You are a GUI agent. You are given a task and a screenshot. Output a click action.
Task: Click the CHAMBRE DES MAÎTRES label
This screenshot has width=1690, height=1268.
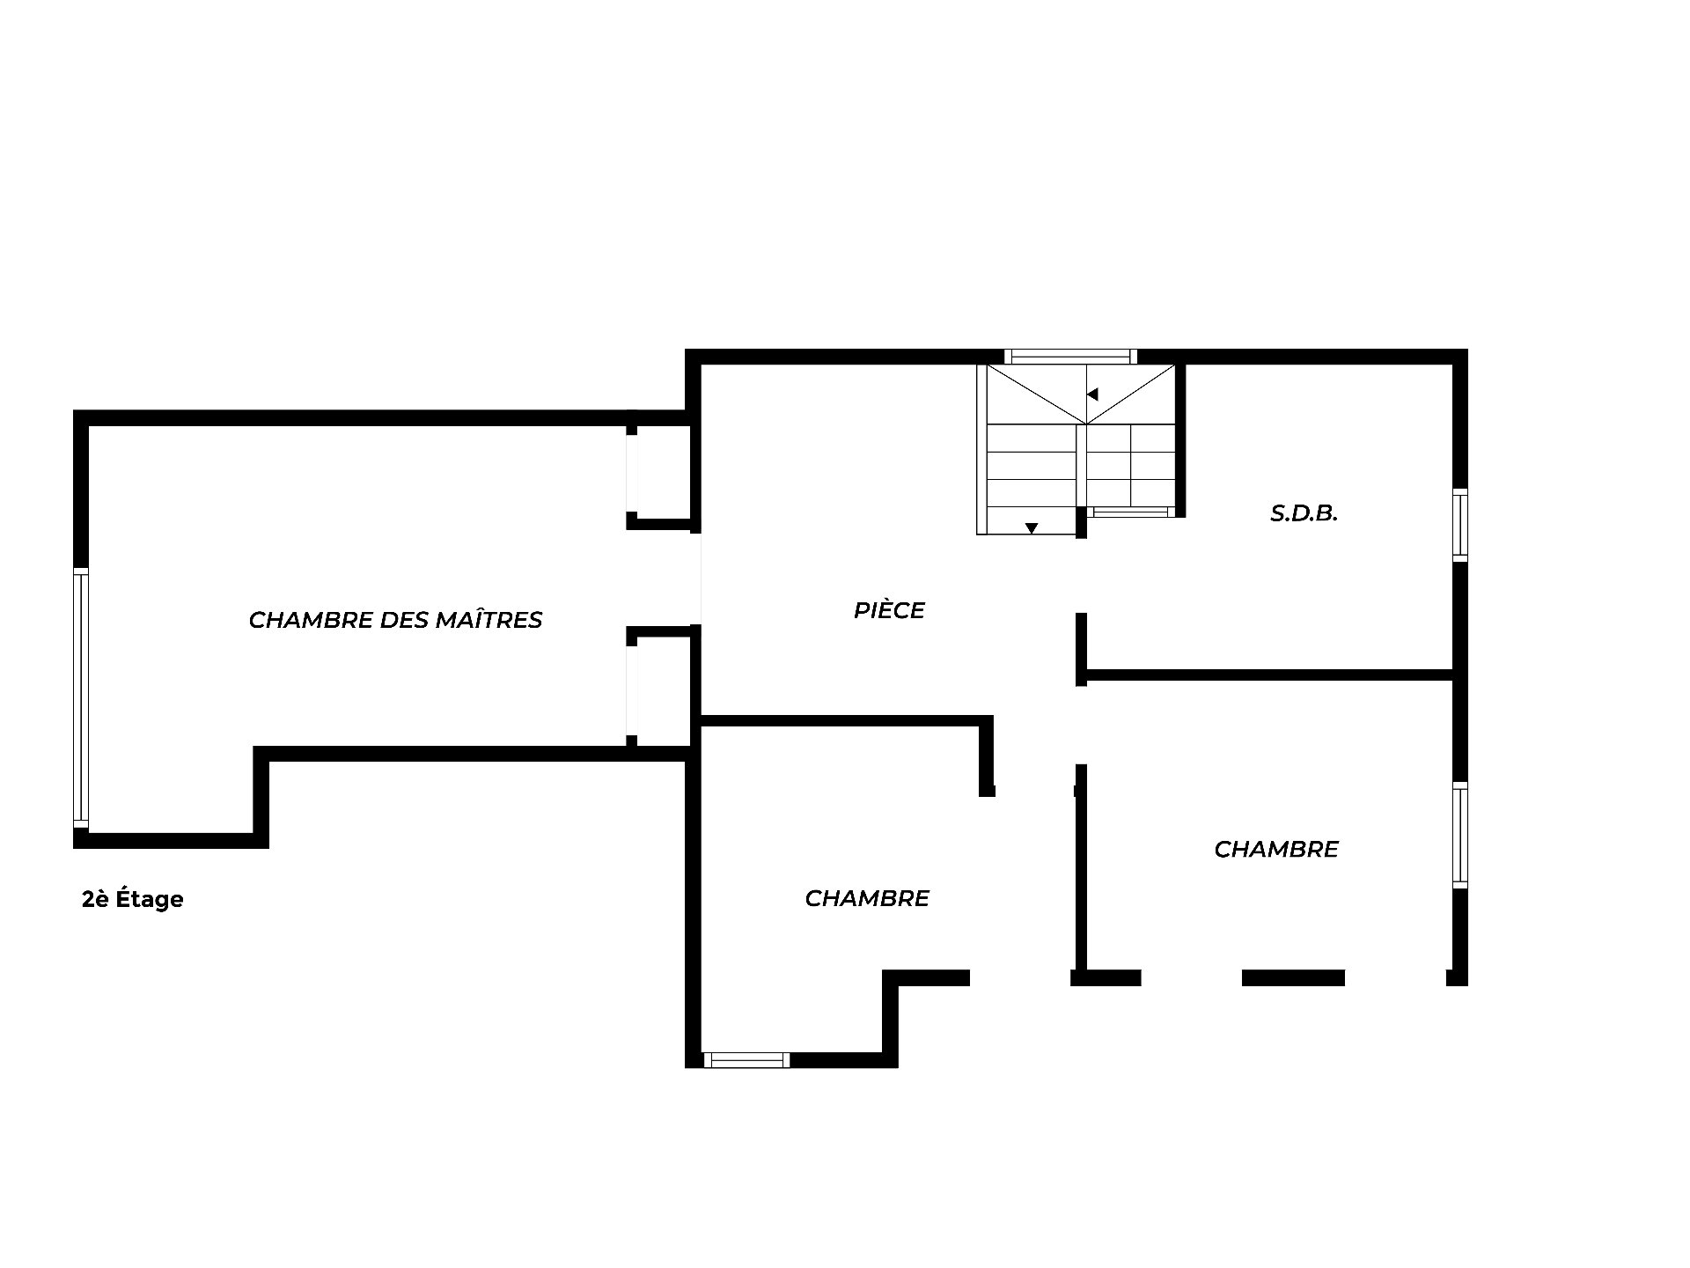pyautogui.click(x=395, y=620)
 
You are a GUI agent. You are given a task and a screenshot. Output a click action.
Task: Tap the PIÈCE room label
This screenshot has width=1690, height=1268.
pyautogui.click(x=889, y=610)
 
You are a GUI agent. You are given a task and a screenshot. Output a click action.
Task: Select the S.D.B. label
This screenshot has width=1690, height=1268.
pyautogui.click(x=1304, y=513)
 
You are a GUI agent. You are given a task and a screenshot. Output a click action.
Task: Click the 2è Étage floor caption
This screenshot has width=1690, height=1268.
pyautogui.click(x=133, y=899)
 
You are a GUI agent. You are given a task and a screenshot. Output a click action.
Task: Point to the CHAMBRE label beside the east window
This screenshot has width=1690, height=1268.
pyautogui.click(x=1276, y=849)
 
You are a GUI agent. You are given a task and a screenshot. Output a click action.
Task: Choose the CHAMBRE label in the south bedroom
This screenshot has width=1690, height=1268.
pyautogui.click(x=867, y=898)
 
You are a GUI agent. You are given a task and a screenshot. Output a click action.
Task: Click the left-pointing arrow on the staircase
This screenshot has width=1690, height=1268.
pyautogui.click(x=1092, y=394)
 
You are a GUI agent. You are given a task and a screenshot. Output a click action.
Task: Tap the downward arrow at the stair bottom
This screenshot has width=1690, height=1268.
pyautogui.click(x=1032, y=528)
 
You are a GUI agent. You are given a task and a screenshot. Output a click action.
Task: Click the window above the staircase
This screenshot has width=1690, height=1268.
pyautogui.click(x=1070, y=357)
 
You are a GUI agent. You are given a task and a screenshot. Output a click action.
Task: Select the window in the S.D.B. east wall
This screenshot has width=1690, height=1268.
pyautogui.click(x=1460, y=525)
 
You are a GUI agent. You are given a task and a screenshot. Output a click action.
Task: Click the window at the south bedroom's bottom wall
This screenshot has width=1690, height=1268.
pyautogui.click(x=746, y=1060)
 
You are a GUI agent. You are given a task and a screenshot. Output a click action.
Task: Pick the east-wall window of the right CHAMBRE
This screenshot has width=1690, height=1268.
pyautogui.click(x=1460, y=835)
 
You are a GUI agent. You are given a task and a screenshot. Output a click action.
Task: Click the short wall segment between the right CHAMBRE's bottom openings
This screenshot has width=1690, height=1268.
pyautogui.click(x=1293, y=977)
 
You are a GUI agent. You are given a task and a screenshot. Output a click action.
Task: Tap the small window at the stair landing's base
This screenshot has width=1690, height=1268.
pyautogui.click(x=1130, y=512)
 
